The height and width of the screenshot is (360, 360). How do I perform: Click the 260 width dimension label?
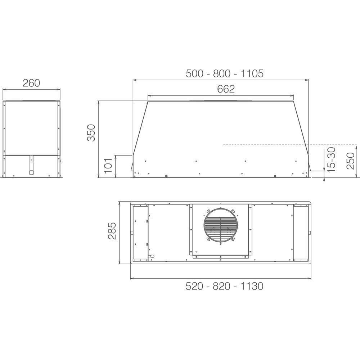[x=31, y=83]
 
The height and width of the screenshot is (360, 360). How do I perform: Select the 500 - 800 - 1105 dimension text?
[x=225, y=73]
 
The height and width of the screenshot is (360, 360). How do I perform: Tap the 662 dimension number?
[x=226, y=89]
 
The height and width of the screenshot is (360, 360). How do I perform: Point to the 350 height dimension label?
[x=91, y=132]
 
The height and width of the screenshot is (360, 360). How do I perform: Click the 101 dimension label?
[x=109, y=166]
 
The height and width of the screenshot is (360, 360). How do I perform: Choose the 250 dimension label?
[x=350, y=161]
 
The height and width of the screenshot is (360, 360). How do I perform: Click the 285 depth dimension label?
[x=112, y=231]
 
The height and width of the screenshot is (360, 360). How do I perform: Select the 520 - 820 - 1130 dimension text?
[x=225, y=286]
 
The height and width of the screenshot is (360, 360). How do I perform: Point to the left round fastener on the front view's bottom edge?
[x=166, y=176]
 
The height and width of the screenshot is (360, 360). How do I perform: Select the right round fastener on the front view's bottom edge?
[x=275, y=176]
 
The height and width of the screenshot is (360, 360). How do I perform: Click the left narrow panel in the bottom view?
[x=140, y=232]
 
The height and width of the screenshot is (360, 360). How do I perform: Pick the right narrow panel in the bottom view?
[x=301, y=232]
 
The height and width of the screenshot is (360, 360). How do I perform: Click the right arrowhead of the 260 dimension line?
[x=59, y=89]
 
